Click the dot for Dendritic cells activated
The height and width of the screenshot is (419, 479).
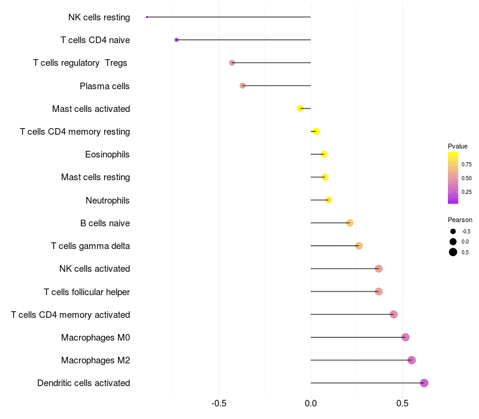tap(424, 383)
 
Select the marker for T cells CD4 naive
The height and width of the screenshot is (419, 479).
tap(177, 40)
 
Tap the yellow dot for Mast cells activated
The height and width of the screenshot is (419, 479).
tap(301, 108)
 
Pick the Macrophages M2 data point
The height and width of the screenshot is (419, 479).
tap(411, 360)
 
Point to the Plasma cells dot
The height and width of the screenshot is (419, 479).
tap(242, 86)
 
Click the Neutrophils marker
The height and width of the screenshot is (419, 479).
tap(329, 200)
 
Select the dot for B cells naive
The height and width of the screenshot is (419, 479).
tap(350, 223)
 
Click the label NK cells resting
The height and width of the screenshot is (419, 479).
tap(99, 17)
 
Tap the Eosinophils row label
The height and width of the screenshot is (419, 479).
tap(107, 154)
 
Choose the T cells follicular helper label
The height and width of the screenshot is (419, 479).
tap(87, 292)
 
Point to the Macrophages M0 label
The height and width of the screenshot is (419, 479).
tap(95, 338)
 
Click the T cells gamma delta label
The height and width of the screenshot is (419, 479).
tap(90, 246)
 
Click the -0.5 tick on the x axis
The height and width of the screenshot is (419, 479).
tap(219, 403)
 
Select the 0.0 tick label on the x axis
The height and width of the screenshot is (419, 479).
tap(311, 403)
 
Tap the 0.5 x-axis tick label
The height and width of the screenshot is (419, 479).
tap(402, 403)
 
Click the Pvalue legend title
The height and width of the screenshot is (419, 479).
tap(457, 146)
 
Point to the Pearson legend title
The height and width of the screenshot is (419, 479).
tap(460, 220)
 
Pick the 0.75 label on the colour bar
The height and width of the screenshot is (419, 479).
tap(466, 164)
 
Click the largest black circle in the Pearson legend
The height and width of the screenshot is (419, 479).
tap(453, 252)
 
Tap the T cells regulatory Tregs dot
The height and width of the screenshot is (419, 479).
tap(232, 63)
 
